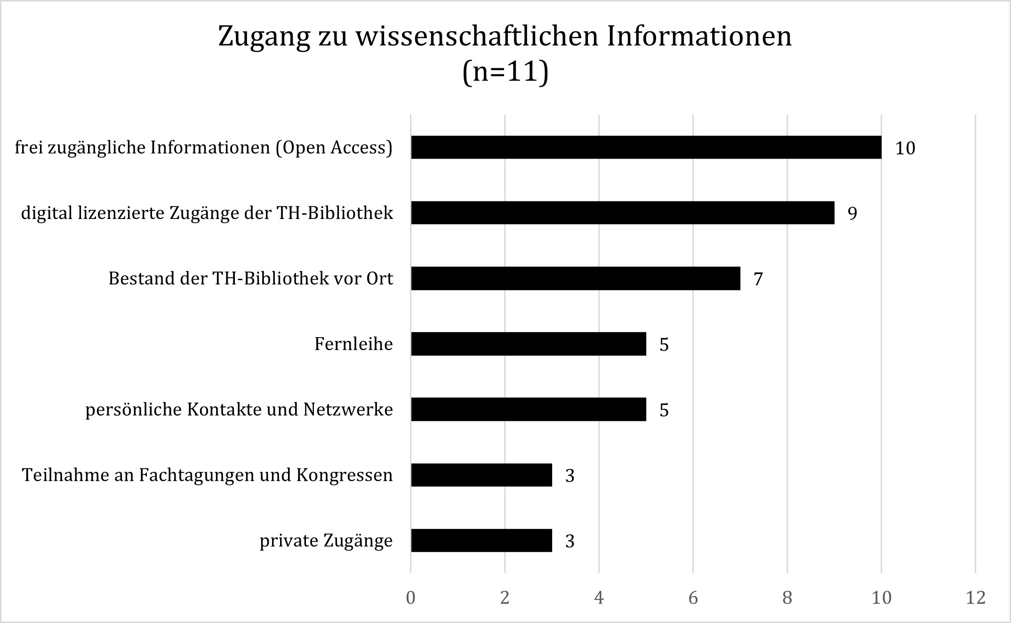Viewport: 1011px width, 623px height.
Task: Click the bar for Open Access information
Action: (646, 147)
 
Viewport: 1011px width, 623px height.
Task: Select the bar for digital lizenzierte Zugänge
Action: (622, 213)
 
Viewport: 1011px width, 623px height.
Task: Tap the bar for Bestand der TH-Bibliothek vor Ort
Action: (575, 278)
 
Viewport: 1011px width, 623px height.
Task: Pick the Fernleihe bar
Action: (528, 344)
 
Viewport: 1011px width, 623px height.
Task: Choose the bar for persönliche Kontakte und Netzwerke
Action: (528, 409)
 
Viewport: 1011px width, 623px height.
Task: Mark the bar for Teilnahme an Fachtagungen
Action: (481, 475)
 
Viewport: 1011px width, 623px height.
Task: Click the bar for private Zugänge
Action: (481, 540)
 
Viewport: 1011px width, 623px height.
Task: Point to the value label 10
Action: (905, 148)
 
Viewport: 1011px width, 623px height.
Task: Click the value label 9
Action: (852, 214)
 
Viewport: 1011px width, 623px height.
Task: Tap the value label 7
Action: (758, 279)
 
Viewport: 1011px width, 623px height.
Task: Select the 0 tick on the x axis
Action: (410, 598)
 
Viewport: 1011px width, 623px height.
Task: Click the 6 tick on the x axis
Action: (693, 598)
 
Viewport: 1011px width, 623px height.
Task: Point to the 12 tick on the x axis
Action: (975, 598)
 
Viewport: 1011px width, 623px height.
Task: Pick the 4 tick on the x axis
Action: (599, 598)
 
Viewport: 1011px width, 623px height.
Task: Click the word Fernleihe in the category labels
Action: (353, 344)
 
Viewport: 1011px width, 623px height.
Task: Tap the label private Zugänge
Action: (326, 541)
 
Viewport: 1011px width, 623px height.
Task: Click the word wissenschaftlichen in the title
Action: (476, 36)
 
